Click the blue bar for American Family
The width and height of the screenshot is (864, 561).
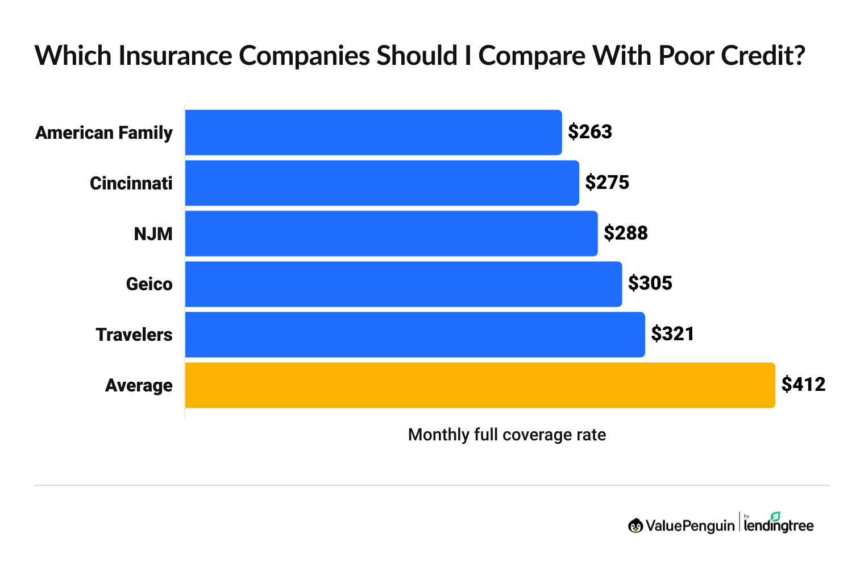point(373,132)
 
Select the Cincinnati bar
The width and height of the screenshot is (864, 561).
point(382,183)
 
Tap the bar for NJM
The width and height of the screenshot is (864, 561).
point(391,233)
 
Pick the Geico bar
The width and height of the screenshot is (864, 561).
point(404,284)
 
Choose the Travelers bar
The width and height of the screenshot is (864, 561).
point(415,335)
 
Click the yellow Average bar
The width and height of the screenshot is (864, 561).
point(480,385)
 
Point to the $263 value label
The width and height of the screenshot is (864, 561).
point(590,132)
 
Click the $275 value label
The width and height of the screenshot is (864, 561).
point(607,183)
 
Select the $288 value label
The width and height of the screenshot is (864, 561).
point(626,233)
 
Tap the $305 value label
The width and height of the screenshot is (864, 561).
point(650,283)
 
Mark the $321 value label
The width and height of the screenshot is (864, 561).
point(672,334)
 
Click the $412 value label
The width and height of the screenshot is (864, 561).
point(803,385)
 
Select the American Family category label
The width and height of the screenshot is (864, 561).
point(104,133)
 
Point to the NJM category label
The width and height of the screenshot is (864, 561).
point(153,234)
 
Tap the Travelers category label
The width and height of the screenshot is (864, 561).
point(134,335)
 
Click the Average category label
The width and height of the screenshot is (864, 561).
point(139,386)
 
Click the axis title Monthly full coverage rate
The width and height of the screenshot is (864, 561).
point(507,435)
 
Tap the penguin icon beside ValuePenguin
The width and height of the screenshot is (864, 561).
point(635,526)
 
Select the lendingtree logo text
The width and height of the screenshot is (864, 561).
point(779,525)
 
